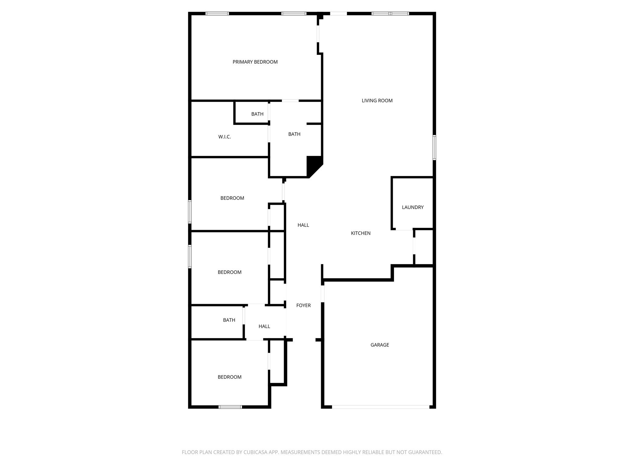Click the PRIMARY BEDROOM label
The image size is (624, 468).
255,62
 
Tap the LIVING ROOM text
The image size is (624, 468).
377,101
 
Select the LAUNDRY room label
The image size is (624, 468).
413,207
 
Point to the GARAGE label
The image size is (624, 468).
380,345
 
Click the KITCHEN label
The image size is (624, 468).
361,233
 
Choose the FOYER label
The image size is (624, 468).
303,305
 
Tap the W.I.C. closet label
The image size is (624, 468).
225,137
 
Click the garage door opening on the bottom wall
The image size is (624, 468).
380,407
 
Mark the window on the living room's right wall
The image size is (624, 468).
434,147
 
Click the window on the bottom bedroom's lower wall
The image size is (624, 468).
230,407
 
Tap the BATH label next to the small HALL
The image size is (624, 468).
229,320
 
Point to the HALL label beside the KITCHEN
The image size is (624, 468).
303,225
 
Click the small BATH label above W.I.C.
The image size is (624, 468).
257,114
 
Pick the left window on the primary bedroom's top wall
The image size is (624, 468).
217,13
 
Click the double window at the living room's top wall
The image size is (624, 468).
390,13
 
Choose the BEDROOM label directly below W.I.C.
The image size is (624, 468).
232,198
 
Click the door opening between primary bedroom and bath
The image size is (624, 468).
290,101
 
